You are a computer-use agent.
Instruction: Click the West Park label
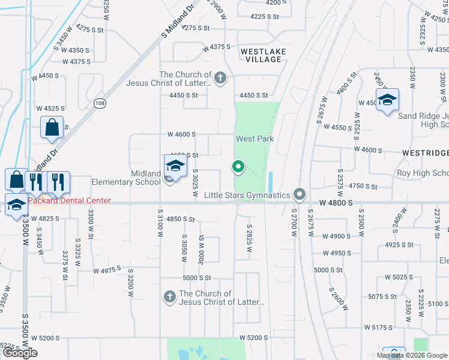coord(255,139)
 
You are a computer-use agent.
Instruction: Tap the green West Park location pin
coord(238,167)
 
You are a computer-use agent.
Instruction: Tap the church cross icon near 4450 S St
coord(220,78)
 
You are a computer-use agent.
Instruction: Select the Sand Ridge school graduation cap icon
coord(387,100)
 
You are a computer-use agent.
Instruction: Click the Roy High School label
coord(423,173)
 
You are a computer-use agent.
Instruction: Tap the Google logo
coord(20,353)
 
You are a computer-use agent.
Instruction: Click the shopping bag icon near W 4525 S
coord(52,128)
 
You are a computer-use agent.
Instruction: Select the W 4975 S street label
coord(107,271)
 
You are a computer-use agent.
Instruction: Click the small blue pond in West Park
coord(271,181)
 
